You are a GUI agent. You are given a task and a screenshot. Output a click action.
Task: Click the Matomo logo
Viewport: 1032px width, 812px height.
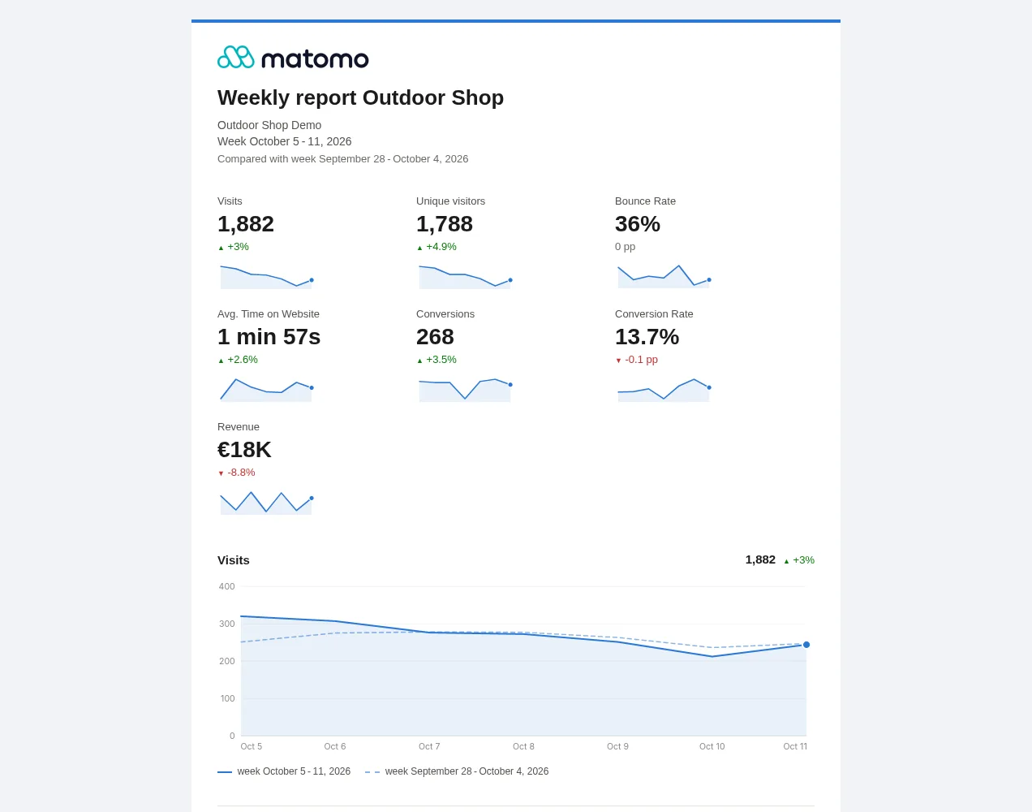[x=293, y=58]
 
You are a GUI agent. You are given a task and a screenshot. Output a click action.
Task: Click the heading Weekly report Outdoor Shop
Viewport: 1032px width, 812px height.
[x=360, y=97]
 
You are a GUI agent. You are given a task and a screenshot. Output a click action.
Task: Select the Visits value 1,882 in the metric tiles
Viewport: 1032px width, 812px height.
[x=246, y=224]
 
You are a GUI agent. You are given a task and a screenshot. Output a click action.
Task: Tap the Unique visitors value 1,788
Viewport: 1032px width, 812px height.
[x=444, y=224]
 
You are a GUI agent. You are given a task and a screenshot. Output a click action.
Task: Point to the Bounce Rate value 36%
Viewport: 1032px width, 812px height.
[x=638, y=224]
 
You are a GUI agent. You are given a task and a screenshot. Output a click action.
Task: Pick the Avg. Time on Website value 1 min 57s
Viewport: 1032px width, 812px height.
[x=269, y=337]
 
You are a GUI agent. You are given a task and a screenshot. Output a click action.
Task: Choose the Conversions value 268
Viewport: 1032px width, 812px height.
[x=435, y=337]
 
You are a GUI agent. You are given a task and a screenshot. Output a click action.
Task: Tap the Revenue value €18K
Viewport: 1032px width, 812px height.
[x=244, y=450]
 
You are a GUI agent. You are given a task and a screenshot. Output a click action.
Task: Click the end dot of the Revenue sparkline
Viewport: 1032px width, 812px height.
[x=312, y=498]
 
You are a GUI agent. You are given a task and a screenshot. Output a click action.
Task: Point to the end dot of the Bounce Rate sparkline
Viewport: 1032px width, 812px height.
[x=709, y=280]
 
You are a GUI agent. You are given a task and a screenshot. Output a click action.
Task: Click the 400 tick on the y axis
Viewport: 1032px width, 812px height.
[x=226, y=586]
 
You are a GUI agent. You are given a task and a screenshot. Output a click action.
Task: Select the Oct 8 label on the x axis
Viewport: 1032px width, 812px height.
[x=523, y=746]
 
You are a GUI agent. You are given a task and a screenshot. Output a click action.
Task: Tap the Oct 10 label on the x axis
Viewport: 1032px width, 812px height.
[x=712, y=746]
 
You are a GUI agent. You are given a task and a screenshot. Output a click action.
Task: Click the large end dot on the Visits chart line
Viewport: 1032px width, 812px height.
[x=806, y=645]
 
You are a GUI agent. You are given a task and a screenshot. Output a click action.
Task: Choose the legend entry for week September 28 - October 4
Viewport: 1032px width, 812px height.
[x=457, y=771]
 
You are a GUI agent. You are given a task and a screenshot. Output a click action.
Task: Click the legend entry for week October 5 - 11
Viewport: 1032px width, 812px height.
[x=284, y=771]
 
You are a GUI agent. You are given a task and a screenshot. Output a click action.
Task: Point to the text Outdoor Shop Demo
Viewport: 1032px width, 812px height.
[x=269, y=125]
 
